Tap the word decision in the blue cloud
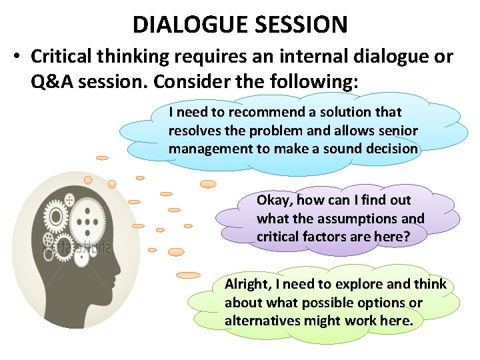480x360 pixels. tap(389, 149)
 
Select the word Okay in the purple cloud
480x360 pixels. tap(273, 200)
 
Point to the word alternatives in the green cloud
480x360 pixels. tap(261, 321)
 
